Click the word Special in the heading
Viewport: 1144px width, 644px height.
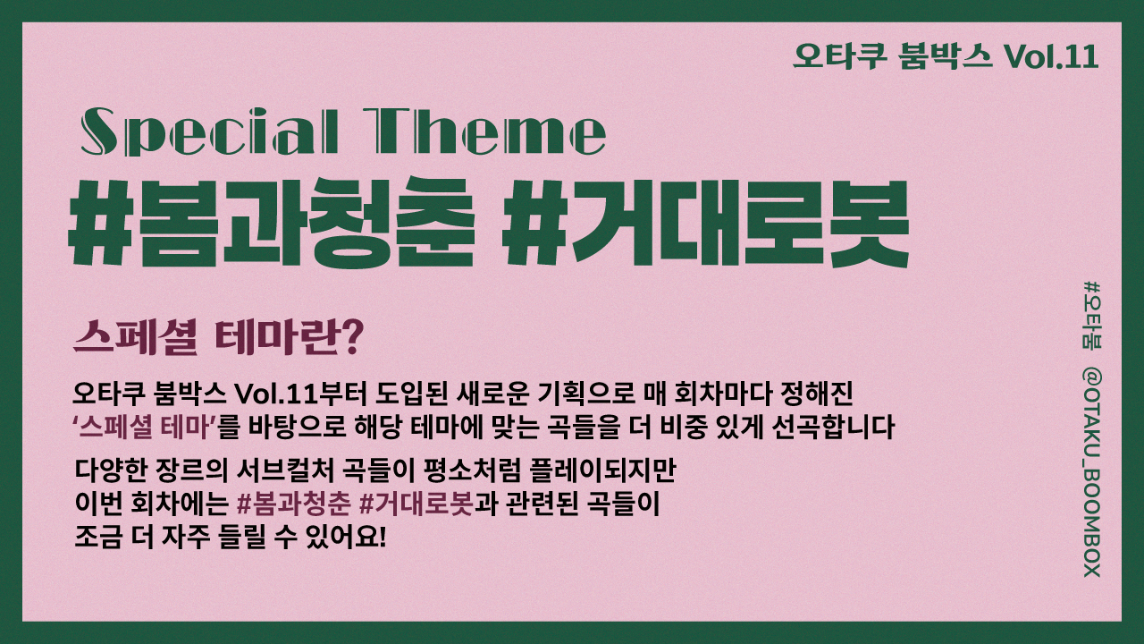209,131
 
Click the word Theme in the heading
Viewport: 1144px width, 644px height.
491,131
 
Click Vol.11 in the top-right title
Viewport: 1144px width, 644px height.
1051,56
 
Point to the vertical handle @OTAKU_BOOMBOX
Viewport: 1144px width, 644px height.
1092,473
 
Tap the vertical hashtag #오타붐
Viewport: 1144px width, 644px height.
1092,315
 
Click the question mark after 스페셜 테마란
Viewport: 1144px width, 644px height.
351,337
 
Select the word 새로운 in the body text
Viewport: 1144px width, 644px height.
492,394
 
